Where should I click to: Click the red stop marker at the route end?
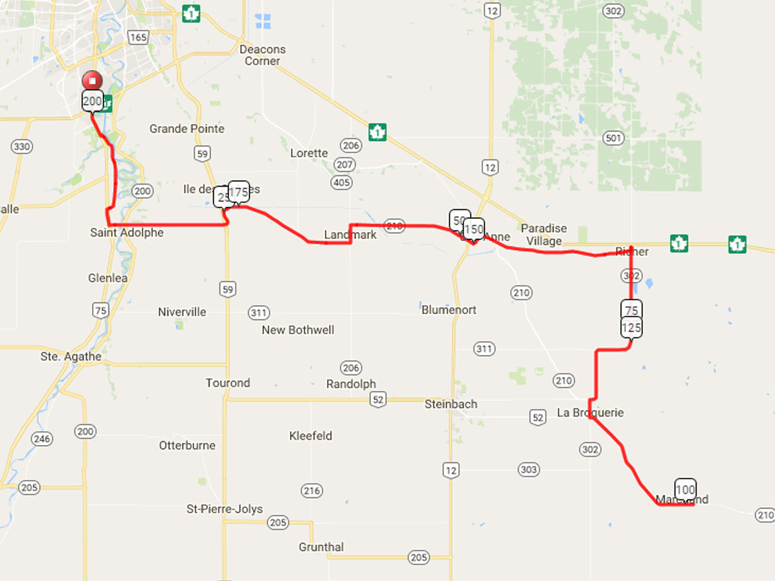[x=93, y=81]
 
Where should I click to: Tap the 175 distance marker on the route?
[x=239, y=192]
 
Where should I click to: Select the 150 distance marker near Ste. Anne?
[x=474, y=229]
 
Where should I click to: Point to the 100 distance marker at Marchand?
[x=685, y=488]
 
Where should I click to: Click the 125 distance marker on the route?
[x=631, y=328]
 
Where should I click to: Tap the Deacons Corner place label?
[x=262, y=55]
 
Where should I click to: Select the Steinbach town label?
[x=451, y=404]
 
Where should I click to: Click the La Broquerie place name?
[x=590, y=413]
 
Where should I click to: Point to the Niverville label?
[x=182, y=312]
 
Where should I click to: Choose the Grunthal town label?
[x=321, y=547]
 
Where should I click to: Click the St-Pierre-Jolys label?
[x=225, y=509]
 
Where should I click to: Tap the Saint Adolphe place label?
[x=127, y=233]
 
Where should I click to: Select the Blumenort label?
[x=449, y=310]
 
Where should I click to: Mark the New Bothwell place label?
[x=298, y=330]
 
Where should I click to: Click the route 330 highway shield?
[x=21, y=147]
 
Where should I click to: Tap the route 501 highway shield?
[x=612, y=138]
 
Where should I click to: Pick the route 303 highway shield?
[x=529, y=470]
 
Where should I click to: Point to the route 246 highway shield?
[x=41, y=439]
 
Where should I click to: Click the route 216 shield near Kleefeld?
[x=312, y=491]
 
